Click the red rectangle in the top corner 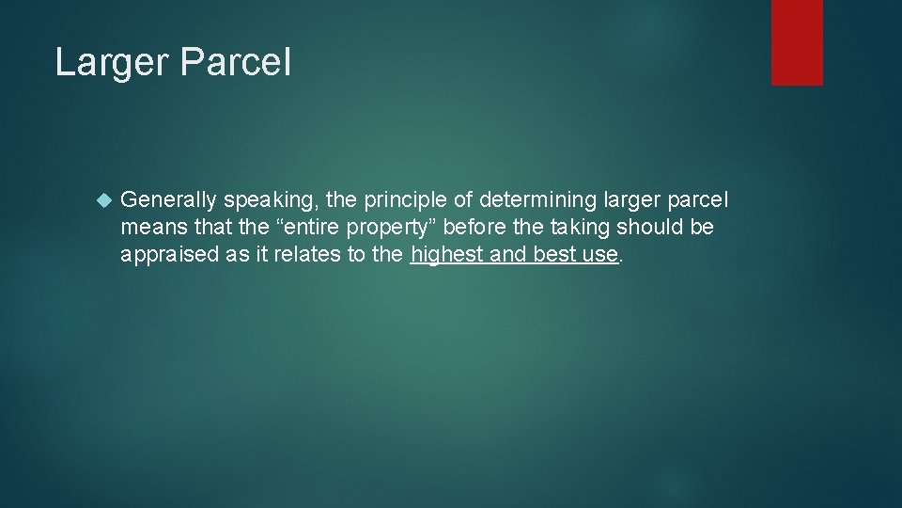tap(797, 42)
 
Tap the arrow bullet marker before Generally tap(103, 200)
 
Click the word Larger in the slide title tap(109, 63)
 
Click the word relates tap(297, 254)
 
